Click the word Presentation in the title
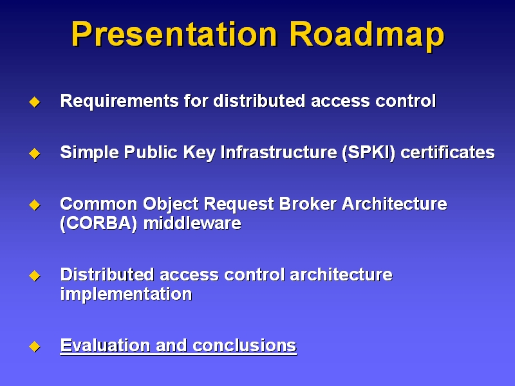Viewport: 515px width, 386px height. pyautogui.click(x=174, y=34)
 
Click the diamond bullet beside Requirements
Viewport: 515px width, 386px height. pyautogui.click(x=35, y=102)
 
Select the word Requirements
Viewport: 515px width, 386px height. pyautogui.click(x=120, y=102)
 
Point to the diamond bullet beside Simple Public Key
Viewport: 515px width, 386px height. pyautogui.click(x=35, y=153)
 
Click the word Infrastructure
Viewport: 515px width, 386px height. pyautogui.click(x=279, y=152)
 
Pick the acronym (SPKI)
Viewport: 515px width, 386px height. pyautogui.click(x=368, y=153)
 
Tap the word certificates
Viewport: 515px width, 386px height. pyautogui.click(x=447, y=152)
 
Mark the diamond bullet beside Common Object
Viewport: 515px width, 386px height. pyautogui.click(x=35, y=205)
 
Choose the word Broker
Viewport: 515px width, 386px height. pyautogui.click(x=308, y=204)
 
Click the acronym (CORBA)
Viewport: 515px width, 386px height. pyautogui.click(x=98, y=224)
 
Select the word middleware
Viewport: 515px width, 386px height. pyautogui.click(x=192, y=223)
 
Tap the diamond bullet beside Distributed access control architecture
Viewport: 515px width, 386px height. pyautogui.click(x=35, y=275)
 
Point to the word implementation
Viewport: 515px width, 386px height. pyautogui.click(x=126, y=294)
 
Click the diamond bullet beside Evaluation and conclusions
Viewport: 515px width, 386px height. pyautogui.click(x=35, y=346)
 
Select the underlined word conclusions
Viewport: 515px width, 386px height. pyautogui.click(x=245, y=345)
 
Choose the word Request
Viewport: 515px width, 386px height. pyautogui.click(x=239, y=205)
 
